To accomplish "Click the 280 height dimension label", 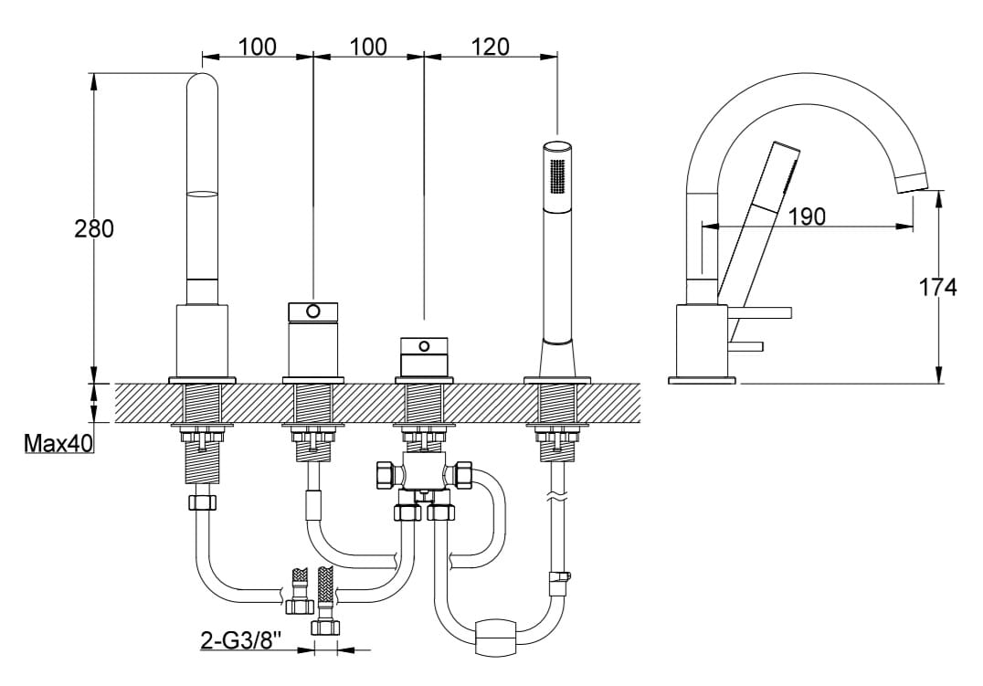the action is (x=94, y=228).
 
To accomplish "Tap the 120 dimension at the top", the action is (x=490, y=47).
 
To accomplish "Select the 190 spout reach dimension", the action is (x=806, y=216).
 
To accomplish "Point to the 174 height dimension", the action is (x=938, y=287).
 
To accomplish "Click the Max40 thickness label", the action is (x=58, y=443).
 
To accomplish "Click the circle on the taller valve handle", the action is (x=313, y=311).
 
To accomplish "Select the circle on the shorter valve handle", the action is (x=425, y=345).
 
